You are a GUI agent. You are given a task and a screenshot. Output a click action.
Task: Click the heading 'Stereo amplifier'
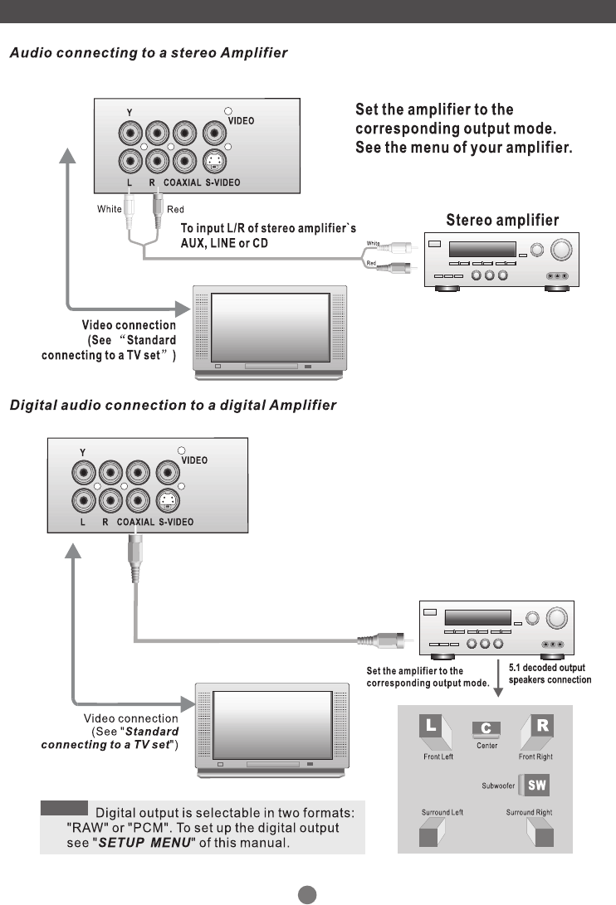502,221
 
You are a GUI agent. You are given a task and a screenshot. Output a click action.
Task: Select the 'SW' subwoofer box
537,785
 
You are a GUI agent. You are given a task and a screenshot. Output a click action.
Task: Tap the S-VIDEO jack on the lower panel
168,501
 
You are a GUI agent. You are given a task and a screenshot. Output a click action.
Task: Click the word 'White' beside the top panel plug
109,209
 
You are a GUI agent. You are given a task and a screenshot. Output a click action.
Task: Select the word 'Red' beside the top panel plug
175,210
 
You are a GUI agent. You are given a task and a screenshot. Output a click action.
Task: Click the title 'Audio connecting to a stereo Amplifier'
148,53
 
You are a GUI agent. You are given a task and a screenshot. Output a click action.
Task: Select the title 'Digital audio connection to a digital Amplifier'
173,406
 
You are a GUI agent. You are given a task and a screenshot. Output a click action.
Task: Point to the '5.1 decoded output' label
546,668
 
